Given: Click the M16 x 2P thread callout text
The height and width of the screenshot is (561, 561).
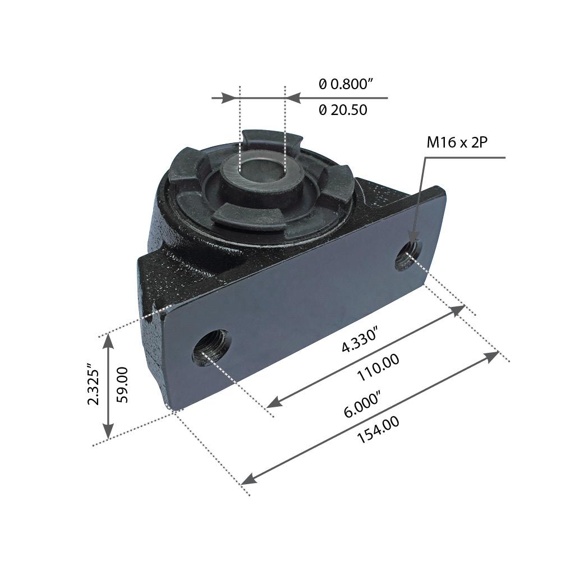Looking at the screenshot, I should [457, 142].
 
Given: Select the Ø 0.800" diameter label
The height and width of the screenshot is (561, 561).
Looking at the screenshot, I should [346, 85].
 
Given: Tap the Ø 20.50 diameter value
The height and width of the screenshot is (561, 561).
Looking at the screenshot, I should [343, 111].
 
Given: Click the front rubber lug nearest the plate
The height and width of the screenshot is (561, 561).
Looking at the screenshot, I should [247, 216].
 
